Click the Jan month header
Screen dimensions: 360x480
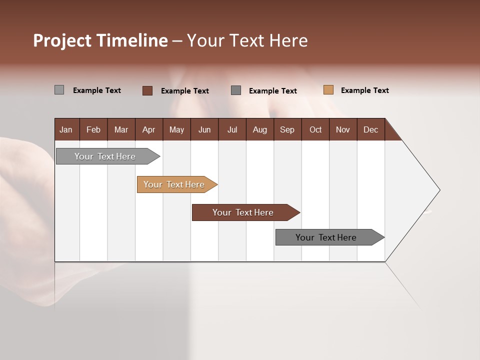(x=66, y=129)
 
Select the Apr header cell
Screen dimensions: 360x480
(x=149, y=129)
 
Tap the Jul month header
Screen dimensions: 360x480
(x=232, y=129)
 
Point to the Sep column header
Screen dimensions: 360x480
(x=287, y=129)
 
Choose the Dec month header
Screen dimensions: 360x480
(x=370, y=129)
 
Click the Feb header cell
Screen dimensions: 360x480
(x=93, y=129)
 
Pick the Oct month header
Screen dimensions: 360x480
(x=315, y=129)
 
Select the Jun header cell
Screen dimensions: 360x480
(x=204, y=129)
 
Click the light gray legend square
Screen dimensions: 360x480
(x=59, y=90)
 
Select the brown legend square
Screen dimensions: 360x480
(x=147, y=90)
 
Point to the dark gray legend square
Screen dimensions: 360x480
(x=236, y=90)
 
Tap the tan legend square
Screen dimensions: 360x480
(x=328, y=90)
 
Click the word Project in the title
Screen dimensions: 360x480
(x=62, y=40)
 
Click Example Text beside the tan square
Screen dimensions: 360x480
(x=364, y=90)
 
